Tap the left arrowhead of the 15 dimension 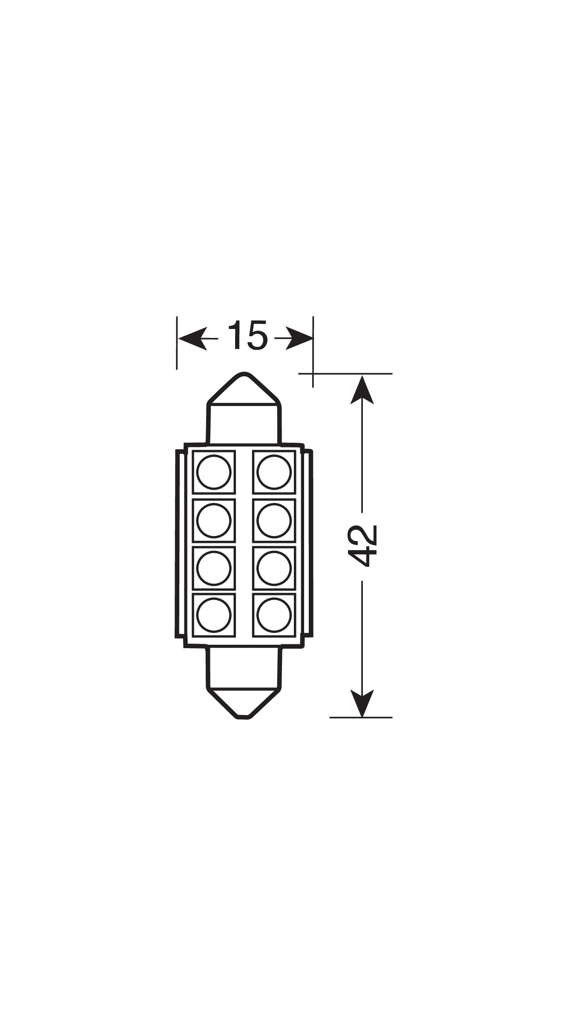pos(193,339)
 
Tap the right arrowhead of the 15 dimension pos(299,339)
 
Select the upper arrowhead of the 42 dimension pos(362,389)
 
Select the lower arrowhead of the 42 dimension pos(362,703)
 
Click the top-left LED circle pos(214,472)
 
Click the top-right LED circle pos(274,472)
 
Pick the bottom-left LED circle pos(214,615)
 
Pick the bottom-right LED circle pos(274,615)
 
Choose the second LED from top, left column pos(214,520)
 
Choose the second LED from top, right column pos(274,520)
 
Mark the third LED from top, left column pos(214,568)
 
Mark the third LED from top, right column pos(274,568)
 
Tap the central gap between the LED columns pos(244,544)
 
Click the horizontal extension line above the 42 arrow pos(345,374)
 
